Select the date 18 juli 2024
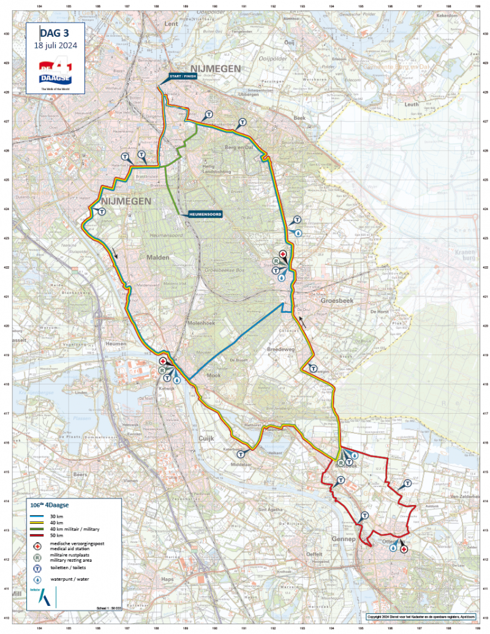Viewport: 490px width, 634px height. [x=55, y=46]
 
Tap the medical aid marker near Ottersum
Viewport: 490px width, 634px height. [x=404, y=550]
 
